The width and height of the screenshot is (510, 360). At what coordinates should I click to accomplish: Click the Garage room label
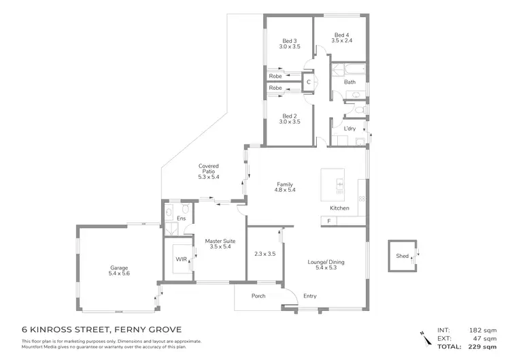tap(120, 270)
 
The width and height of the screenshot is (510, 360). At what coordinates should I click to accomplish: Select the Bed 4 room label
tap(341, 38)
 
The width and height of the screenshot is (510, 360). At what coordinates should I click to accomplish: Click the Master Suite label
tap(220, 244)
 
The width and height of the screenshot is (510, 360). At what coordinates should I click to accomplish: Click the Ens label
tap(182, 218)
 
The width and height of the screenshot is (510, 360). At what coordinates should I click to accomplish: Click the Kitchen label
tap(339, 208)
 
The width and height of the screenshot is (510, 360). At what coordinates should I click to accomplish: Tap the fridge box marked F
tap(329, 222)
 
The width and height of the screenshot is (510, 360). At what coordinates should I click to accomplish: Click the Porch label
tap(258, 296)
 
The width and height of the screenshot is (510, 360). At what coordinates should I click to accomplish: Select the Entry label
tap(310, 296)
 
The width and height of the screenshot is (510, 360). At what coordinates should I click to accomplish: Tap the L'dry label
tap(350, 129)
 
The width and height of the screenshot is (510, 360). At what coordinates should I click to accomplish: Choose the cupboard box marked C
tap(309, 82)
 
